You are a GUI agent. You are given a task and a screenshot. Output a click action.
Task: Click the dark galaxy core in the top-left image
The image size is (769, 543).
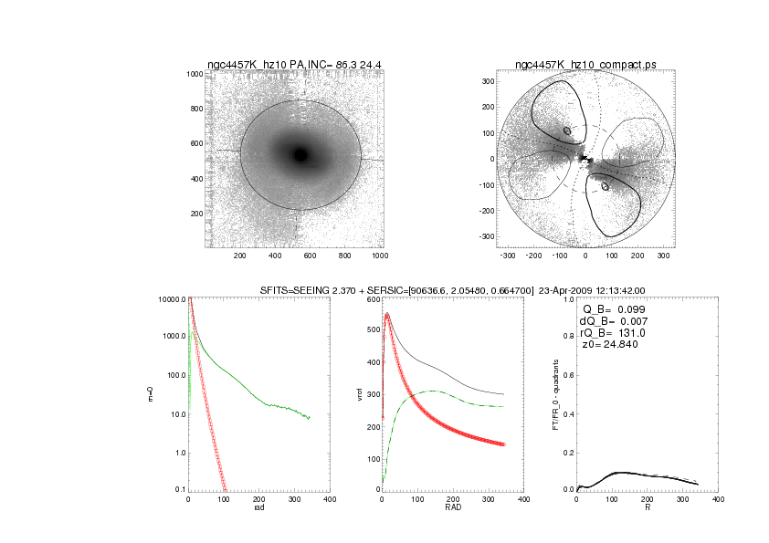click(300, 155)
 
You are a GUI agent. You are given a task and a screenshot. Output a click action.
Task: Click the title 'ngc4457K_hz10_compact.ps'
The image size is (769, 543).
click(585, 64)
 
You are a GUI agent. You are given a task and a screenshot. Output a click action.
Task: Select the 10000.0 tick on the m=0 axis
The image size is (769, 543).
click(171, 299)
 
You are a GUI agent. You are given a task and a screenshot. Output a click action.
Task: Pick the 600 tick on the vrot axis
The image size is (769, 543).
click(373, 299)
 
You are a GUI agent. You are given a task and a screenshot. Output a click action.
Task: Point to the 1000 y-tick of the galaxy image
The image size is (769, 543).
click(194, 74)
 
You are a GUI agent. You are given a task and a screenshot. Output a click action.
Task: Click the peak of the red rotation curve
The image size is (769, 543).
click(387, 315)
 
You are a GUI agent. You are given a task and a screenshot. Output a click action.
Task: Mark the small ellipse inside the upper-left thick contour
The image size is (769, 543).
click(567, 131)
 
